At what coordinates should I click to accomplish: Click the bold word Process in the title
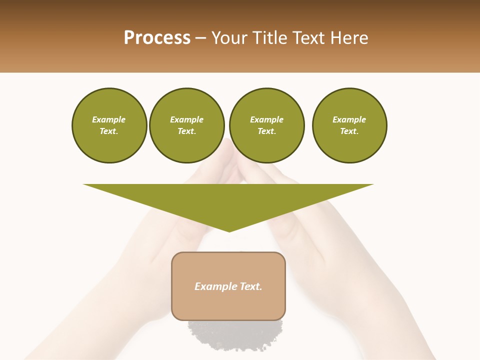pos(157,38)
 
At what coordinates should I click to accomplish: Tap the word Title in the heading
pos(270,38)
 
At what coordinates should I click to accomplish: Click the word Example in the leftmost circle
pos(109,119)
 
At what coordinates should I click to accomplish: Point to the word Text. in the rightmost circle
pos(349,131)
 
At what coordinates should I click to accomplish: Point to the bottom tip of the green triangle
pos(229,231)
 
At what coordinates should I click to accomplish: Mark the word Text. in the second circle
pos(187,131)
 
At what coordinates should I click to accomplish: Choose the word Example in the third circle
pos(266,119)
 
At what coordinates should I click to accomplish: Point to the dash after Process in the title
pos(201,38)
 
